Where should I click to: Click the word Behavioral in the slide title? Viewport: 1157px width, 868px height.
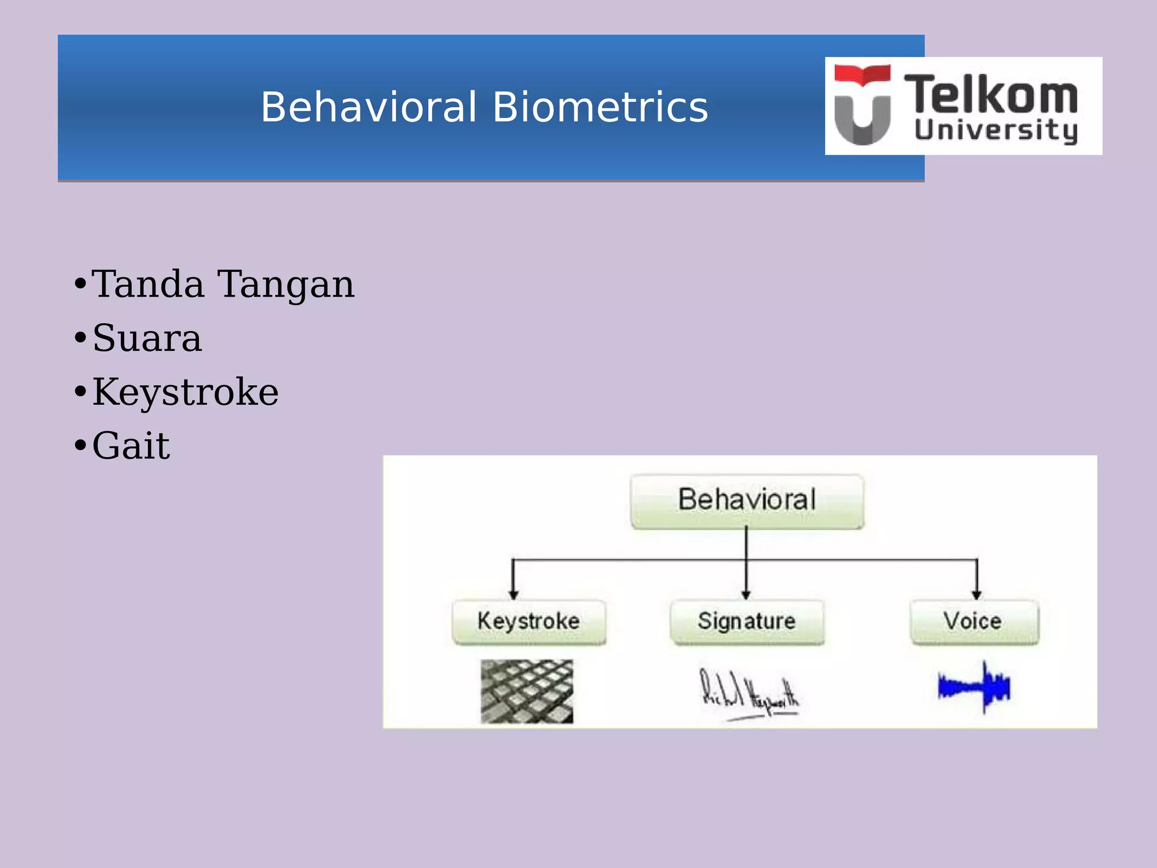pos(368,107)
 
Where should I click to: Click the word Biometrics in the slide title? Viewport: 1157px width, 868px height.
pos(600,107)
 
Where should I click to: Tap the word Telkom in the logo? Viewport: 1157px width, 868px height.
pos(991,94)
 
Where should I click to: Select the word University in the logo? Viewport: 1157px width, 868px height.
pos(995,131)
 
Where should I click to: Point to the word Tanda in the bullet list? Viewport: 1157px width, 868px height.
pos(148,284)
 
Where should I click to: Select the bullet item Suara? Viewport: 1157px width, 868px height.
pos(147,338)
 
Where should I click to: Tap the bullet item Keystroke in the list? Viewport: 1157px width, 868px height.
pos(185,392)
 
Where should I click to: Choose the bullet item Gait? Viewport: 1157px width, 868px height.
pos(131,446)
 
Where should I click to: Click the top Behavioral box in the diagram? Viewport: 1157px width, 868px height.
pos(747,501)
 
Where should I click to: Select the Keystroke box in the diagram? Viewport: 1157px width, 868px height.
pos(529,622)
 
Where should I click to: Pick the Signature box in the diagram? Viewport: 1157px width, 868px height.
pos(747,622)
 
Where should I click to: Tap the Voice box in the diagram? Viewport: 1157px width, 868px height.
pos(973,622)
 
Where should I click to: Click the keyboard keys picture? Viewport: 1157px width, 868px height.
pos(527,691)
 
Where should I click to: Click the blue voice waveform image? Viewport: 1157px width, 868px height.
pos(974,687)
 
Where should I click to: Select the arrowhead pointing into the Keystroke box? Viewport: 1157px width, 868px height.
pos(513,594)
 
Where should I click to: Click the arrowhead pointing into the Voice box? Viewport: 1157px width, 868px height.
pos(977,594)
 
